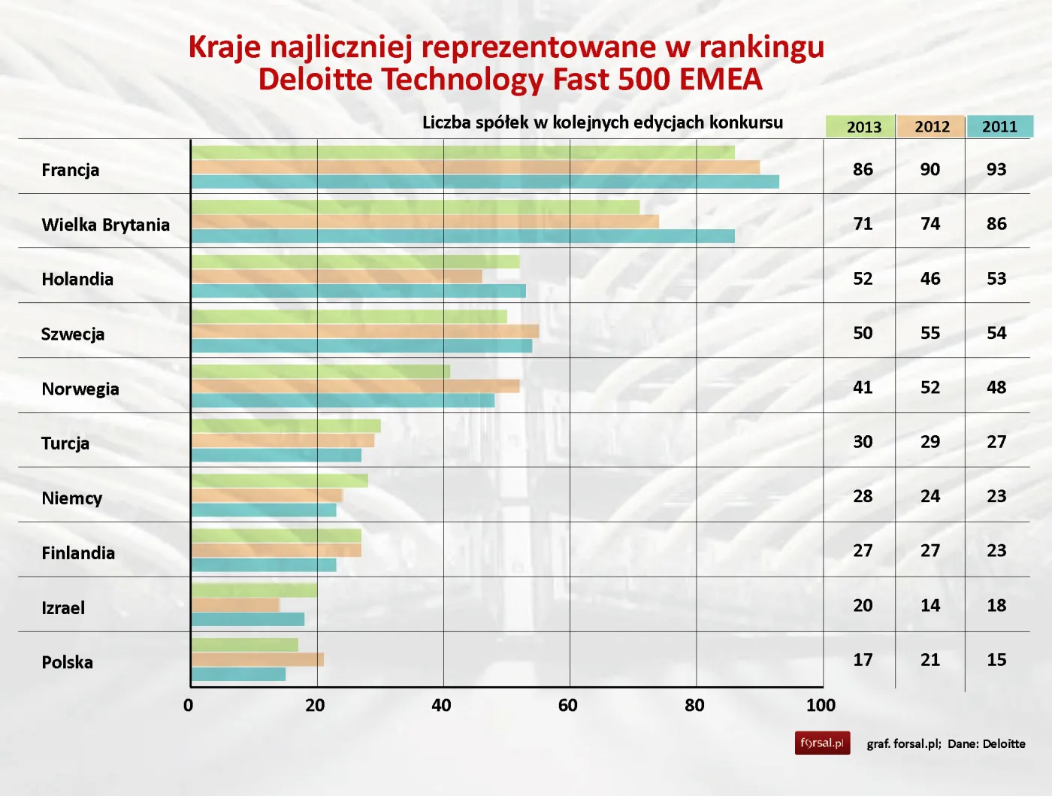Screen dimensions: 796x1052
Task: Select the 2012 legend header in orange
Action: click(931, 126)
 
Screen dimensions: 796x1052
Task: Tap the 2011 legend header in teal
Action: click(999, 126)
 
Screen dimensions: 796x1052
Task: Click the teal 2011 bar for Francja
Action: click(485, 182)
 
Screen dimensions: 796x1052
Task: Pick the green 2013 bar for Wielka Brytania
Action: click(415, 207)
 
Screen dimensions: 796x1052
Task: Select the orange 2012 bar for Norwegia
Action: click(355, 386)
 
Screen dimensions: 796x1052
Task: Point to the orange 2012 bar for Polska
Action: click(257, 660)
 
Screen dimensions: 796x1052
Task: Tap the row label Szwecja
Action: click(73, 334)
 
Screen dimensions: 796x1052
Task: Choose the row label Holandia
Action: click(77, 280)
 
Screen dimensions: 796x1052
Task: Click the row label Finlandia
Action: click(78, 553)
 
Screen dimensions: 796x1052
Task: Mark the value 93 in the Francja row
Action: click(996, 169)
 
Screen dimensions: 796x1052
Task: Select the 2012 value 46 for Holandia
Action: click(930, 279)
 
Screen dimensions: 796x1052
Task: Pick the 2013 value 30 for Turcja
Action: click(863, 442)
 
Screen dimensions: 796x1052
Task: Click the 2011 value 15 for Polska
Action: click(996, 660)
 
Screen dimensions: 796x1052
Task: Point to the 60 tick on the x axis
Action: click(568, 705)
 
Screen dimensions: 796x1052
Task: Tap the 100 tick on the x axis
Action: click(821, 705)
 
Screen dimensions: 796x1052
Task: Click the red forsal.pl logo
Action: click(822, 743)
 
